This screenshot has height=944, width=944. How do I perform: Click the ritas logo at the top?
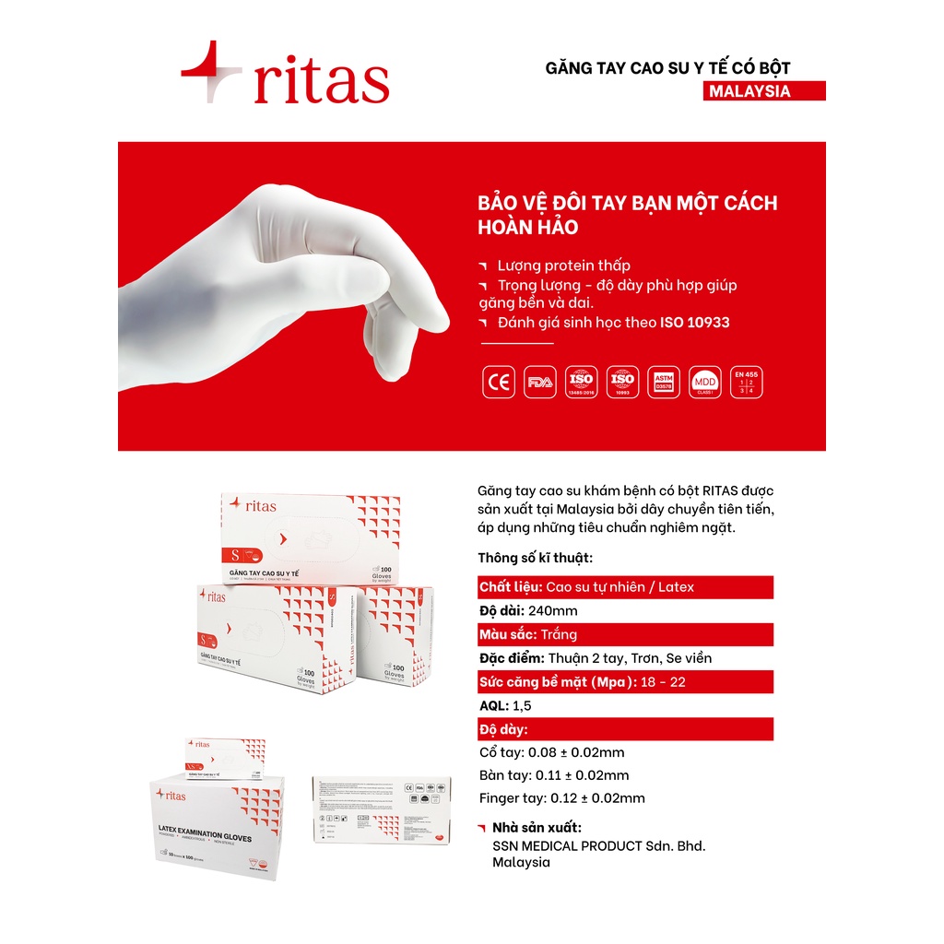click(x=286, y=74)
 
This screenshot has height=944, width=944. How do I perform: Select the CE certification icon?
click(x=499, y=383)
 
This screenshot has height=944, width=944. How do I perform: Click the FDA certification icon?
click(x=539, y=383)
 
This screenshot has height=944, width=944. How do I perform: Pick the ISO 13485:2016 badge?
click(x=581, y=383)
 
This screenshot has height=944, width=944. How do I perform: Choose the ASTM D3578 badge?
click(x=663, y=383)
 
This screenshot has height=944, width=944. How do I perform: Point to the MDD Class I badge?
click(x=705, y=383)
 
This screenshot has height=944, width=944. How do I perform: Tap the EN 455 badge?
click(x=746, y=383)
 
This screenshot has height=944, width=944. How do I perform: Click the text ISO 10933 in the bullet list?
click(x=695, y=322)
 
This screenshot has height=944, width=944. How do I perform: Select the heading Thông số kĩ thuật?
click(x=535, y=558)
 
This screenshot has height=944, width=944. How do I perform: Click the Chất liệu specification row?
click(x=625, y=587)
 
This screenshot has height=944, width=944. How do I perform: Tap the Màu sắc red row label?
click(x=509, y=634)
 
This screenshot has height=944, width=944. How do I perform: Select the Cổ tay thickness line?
click(x=552, y=752)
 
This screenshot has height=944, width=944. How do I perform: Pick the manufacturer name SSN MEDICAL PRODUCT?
click(x=599, y=845)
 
